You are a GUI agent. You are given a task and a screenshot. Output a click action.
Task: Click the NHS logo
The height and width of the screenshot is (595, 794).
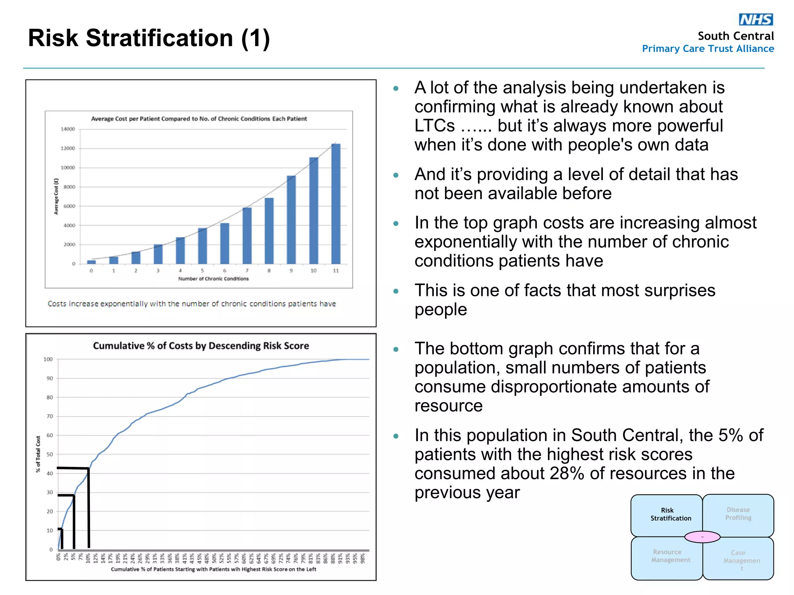click(756, 19)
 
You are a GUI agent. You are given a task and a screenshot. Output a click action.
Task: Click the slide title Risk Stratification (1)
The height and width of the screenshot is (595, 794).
click(149, 38)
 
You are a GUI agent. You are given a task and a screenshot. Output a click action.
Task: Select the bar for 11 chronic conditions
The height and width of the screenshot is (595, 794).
click(336, 204)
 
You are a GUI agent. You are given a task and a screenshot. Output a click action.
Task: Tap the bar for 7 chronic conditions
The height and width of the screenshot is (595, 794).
click(247, 236)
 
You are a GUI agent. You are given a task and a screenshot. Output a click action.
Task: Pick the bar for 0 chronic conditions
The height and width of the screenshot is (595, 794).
click(91, 262)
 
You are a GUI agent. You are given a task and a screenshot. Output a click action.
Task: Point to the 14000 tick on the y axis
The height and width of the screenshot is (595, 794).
click(68, 129)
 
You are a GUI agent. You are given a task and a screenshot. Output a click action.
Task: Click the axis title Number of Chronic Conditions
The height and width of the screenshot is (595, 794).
click(213, 279)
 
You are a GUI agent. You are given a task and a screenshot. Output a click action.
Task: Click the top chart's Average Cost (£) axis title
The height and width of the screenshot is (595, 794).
click(56, 196)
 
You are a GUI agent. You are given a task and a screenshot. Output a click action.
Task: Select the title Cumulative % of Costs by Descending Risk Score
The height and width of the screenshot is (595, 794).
click(201, 346)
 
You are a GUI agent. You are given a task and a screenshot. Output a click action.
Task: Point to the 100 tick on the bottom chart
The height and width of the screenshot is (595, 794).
click(48, 359)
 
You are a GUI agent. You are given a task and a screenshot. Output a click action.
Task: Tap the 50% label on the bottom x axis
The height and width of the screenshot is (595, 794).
click(214, 558)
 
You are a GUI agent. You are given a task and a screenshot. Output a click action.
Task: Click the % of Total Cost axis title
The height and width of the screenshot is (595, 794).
click(38, 454)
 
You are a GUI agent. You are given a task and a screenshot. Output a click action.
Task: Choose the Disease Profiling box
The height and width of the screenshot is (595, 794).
click(738, 514)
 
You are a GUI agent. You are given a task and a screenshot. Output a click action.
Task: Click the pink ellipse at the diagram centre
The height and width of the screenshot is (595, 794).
click(702, 537)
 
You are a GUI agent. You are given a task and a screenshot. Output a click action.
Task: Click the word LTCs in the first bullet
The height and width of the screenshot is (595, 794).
click(434, 126)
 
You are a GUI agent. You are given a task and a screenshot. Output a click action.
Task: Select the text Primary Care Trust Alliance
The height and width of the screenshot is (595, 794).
click(708, 49)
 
